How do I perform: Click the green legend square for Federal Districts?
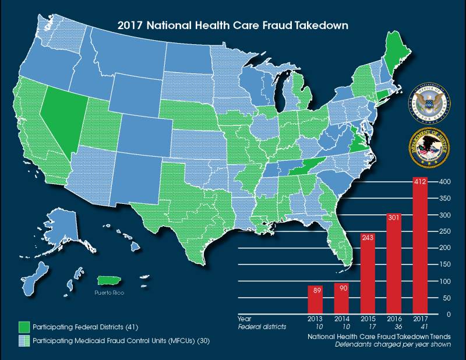tap(23, 325)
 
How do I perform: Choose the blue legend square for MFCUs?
tap(23, 340)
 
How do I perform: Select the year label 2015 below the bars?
tap(368, 319)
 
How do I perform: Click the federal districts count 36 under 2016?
tap(394, 327)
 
